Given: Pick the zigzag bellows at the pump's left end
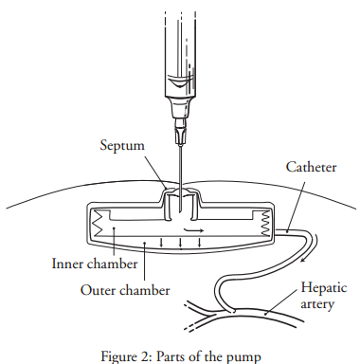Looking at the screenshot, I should (97, 224).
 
